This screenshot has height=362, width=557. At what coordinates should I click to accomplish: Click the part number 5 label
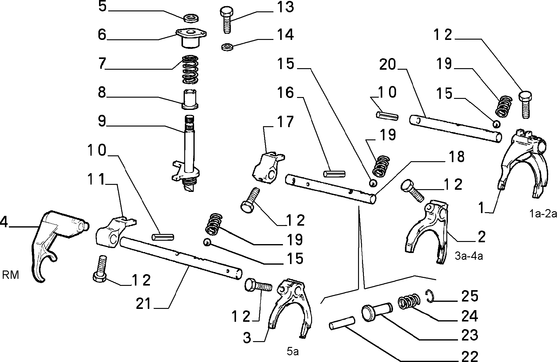tap(102, 7)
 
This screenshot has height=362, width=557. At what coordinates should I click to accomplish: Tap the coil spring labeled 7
tap(190, 69)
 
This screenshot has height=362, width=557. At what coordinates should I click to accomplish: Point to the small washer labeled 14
tap(227, 47)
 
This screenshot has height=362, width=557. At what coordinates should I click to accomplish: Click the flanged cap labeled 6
tap(191, 37)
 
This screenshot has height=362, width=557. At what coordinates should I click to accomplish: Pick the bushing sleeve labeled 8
tap(190, 99)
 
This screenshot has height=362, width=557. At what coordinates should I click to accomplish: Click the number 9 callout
tap(102, 121)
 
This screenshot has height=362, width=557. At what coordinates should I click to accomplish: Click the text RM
tap(10, 275)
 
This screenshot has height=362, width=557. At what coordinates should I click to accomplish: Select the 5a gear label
tap(293, 352)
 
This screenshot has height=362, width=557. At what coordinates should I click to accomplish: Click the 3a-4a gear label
tap(469, 256)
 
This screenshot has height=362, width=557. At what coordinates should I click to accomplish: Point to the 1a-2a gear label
tap(543, 214)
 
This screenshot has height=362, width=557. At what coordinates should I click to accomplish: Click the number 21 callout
tap(144, 304)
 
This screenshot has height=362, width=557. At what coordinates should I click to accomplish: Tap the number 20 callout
tap(388, 65)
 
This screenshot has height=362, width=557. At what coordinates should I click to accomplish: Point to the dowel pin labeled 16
tap(334, 174)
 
